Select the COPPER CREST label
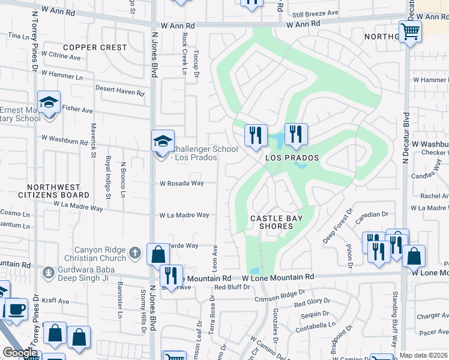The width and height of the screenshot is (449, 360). (x=95, y=47)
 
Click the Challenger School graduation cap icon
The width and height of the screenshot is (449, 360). (x=163, y=142)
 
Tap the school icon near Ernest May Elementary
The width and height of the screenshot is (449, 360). (x=49, y=103)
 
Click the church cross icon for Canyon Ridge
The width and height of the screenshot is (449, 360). (x=136, y=253)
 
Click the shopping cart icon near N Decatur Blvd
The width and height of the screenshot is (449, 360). (x=411, y=31)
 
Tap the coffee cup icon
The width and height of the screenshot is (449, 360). (x=16, y=310)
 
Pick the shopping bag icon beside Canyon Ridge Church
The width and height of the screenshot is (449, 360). (x=157, y=254)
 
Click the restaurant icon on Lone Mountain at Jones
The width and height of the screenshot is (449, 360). (x=171, y=276)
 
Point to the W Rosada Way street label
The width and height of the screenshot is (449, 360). (x=180, y=184)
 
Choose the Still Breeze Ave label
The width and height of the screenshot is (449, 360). (x=316, y=13)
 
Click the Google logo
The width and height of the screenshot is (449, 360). (x=20, y=353)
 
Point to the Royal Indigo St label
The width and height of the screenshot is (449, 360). (x=108, y=177)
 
